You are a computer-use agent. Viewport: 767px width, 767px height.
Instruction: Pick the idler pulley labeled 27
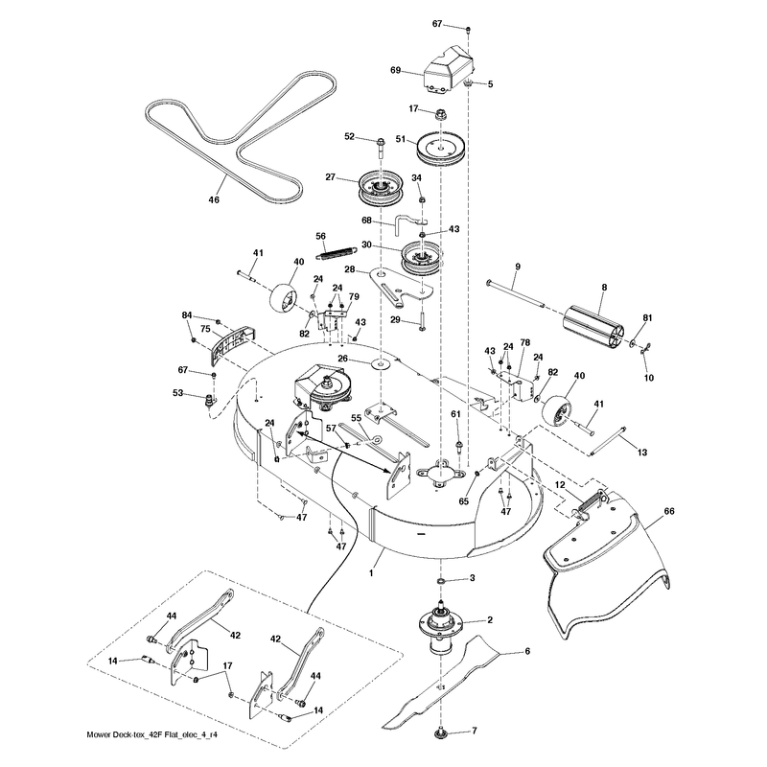tap(381, 188)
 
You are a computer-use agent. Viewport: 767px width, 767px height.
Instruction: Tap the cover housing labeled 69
tap(449, 68)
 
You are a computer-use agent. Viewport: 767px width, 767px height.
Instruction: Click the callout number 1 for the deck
tap(371, 572)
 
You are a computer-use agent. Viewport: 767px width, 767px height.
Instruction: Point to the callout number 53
tap(177, 393)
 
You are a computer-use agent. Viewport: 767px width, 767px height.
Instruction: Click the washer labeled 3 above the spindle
tap(441, 581)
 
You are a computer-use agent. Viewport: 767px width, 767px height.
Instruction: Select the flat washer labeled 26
tap(381, 364)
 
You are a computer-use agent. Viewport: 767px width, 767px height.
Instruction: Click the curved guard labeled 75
tap(233, 344)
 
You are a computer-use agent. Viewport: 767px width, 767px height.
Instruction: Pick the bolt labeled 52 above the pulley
tap(381, 150)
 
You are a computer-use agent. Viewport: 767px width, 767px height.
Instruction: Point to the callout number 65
tap(463, 501)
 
